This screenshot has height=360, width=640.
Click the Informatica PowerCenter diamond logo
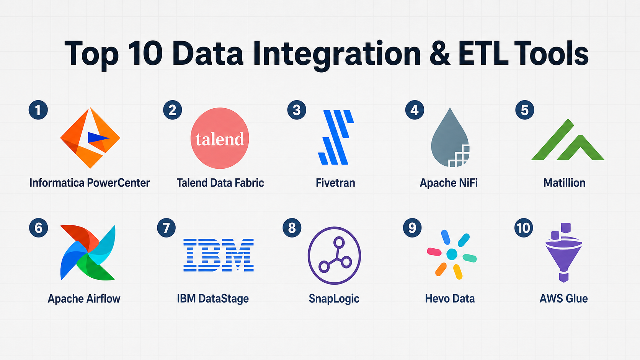pos(90,138)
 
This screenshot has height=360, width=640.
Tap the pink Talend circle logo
pos(220,138)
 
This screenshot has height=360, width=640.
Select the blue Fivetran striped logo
pos(336,137)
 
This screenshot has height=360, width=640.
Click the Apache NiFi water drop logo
pos(450,137)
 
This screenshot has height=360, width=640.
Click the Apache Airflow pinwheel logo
pos(88,252)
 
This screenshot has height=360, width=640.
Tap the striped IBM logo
pos(219,255)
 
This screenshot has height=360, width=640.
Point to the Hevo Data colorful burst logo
pos(452,254)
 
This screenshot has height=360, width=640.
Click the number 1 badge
pos(38,110)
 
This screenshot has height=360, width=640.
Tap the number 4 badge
pos(415,110)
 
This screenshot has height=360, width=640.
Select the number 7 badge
pos(166,228)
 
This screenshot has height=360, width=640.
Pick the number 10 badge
pos(523,228)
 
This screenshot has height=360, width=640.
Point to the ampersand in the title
pos(440,54)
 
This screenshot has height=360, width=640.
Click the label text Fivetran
pos(335,183)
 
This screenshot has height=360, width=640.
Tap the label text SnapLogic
pos(334,299)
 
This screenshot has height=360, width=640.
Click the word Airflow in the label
pos(103,299)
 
